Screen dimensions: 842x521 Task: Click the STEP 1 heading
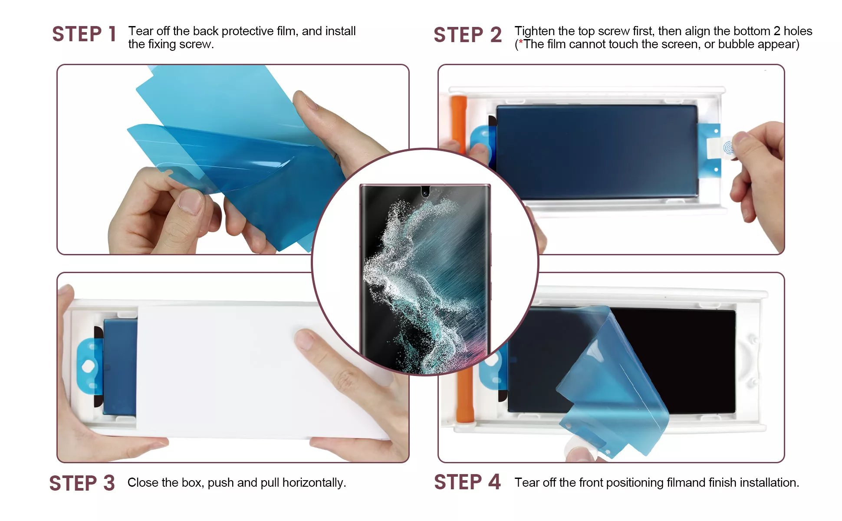[x=84, y=34]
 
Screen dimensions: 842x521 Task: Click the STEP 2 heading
[x=467, y=35]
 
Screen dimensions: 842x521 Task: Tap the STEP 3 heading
[x=82, y=483]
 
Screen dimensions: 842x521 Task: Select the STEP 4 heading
[x=467, y=482]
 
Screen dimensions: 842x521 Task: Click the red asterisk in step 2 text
[x=521, y=42]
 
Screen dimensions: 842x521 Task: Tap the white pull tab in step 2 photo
[x=719, y=148]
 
